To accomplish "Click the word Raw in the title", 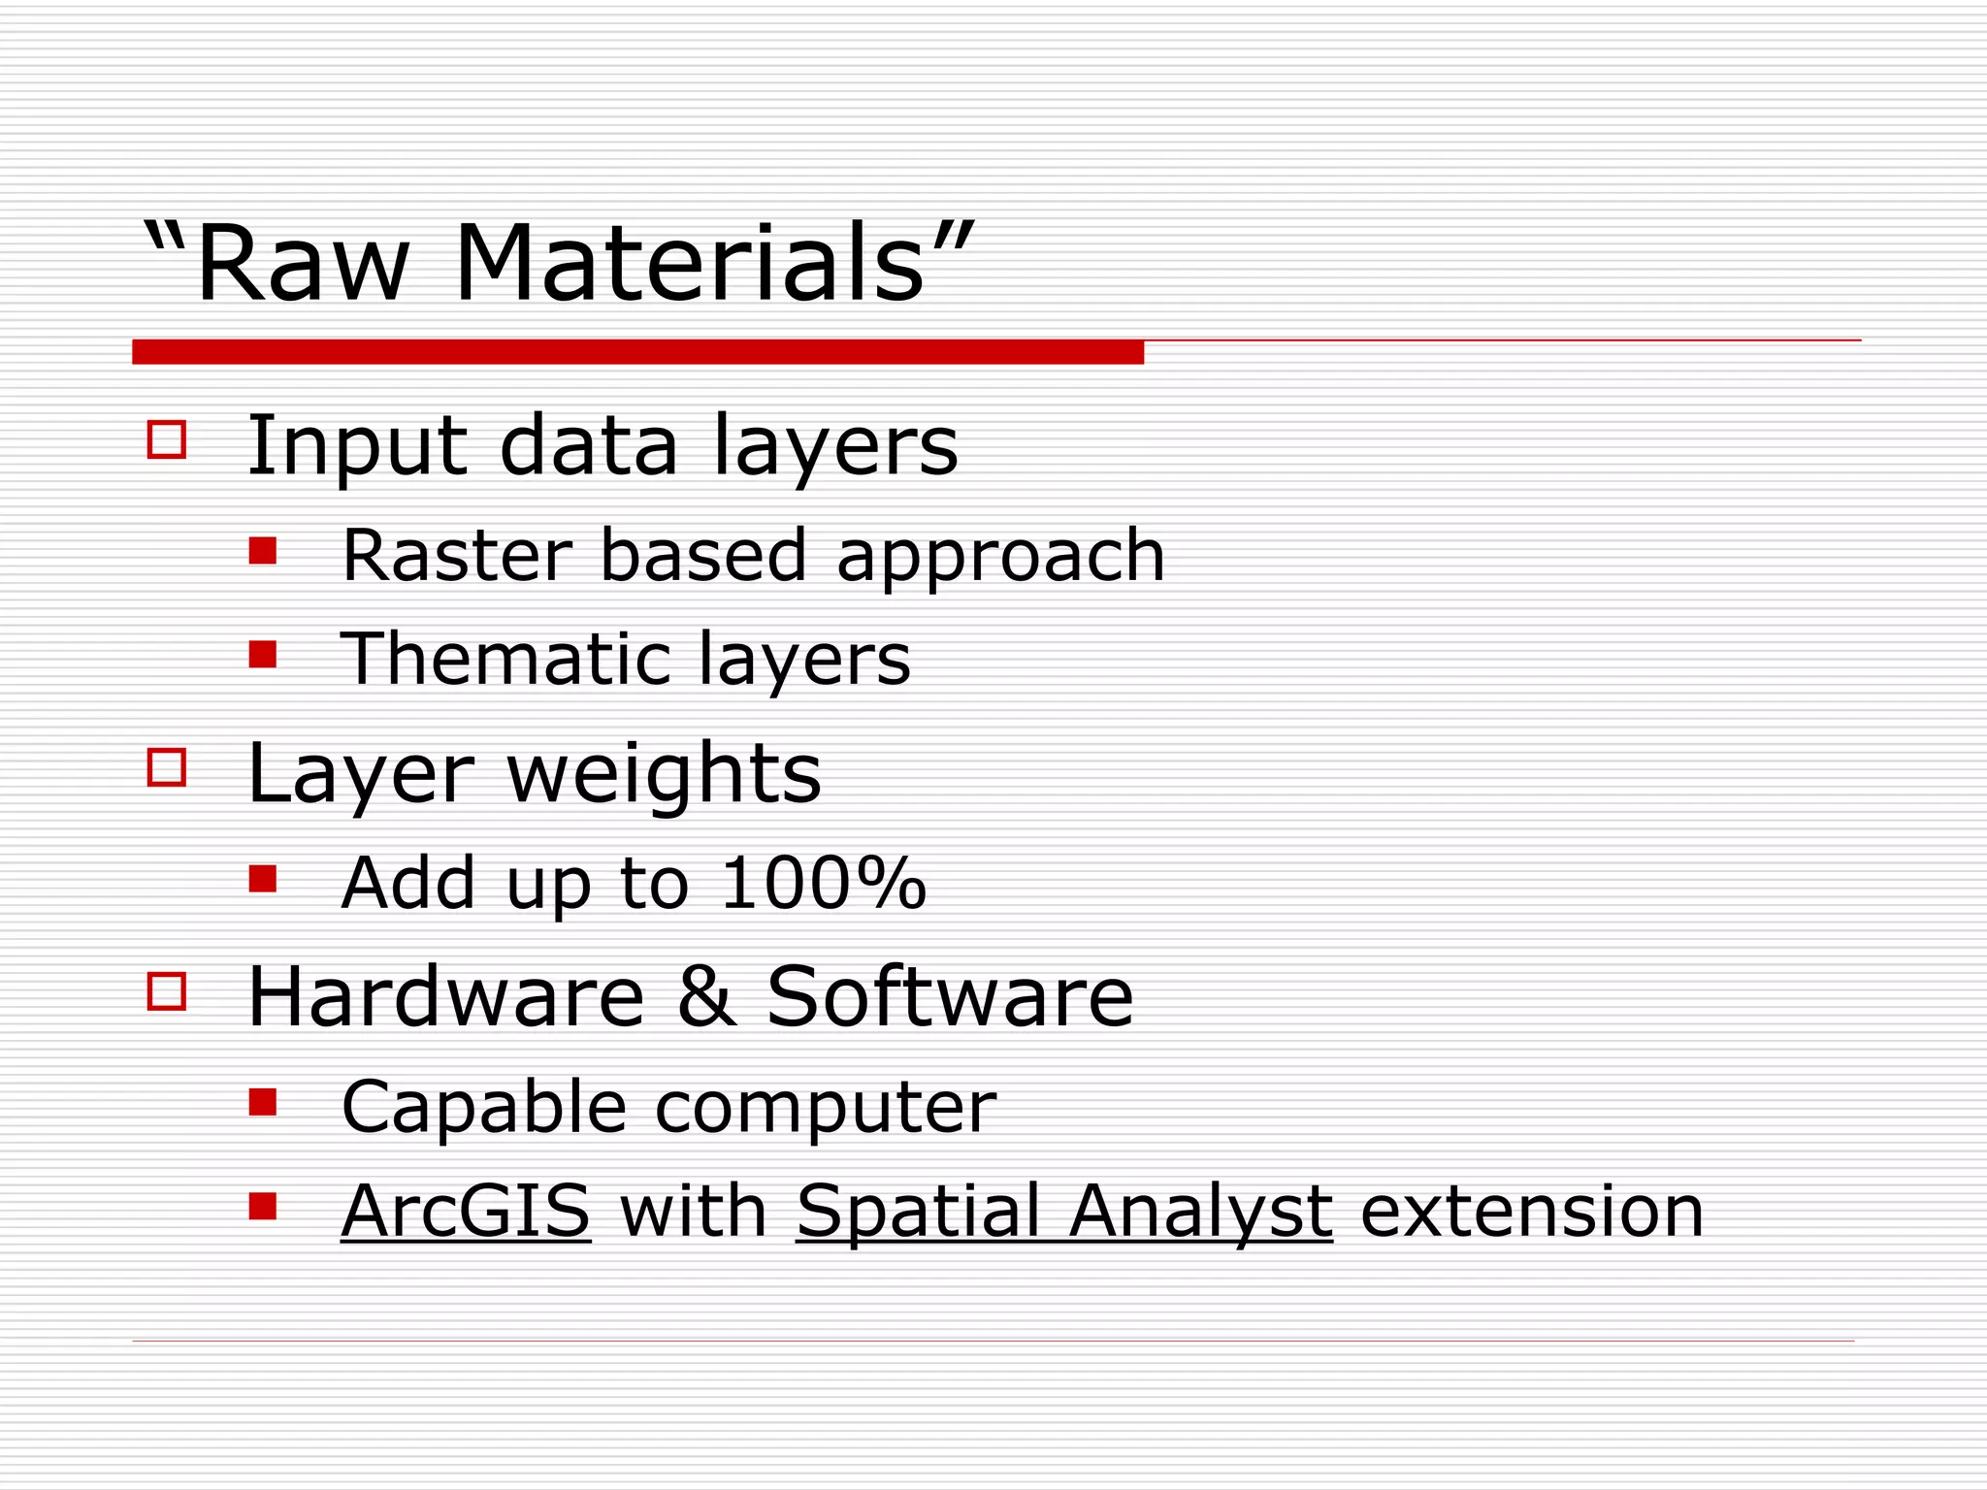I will point(302,263).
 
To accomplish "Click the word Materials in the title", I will point(689,263).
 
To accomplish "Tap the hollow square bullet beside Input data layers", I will point(167,438).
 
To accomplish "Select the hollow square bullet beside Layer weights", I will point(167,766).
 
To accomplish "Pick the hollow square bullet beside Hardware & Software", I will point(167,991).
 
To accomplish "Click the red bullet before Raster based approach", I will point(262,552).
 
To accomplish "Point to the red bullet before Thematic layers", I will point(262,655).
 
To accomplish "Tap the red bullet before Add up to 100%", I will point(262,879).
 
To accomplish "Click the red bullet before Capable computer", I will point(262,1102).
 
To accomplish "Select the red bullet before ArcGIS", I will point(262,1206).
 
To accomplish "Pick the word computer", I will point(826,1108).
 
